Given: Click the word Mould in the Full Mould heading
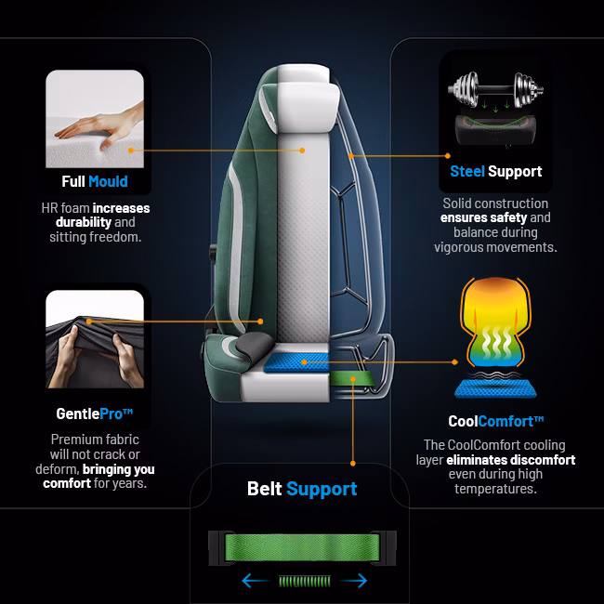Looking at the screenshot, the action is click(x=108, y=181).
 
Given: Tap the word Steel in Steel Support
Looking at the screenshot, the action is click(x=467, y=171).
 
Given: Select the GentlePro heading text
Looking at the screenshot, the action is click(x=95, y=414).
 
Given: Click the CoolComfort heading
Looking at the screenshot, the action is click(x=496, y=421).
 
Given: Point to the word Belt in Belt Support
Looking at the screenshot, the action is click(x=265, y=489).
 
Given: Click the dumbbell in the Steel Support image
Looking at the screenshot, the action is click(x=496, y=89).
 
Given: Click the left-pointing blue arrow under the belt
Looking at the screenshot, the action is click(x=256, y=581).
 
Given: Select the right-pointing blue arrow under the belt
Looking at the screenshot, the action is click(x=354, y=581).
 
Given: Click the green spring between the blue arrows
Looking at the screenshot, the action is click(x=305, y=581).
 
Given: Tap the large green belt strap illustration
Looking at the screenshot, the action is click(x=302, y=547).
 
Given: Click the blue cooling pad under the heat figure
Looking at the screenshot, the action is click(x=495, y=388).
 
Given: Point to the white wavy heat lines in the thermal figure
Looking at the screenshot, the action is click(x=495, y=341).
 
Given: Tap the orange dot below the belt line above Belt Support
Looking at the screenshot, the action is click(x=353, y=464).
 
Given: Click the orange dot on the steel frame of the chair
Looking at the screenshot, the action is click(x=351, y=155).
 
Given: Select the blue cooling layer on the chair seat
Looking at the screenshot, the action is click(x=296, y=362).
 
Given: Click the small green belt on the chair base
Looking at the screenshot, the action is click(x=352, y=378).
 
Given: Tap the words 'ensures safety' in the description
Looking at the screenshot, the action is click(x=483, y=217).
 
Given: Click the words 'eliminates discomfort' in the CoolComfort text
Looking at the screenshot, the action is click(x=511, y=460).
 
